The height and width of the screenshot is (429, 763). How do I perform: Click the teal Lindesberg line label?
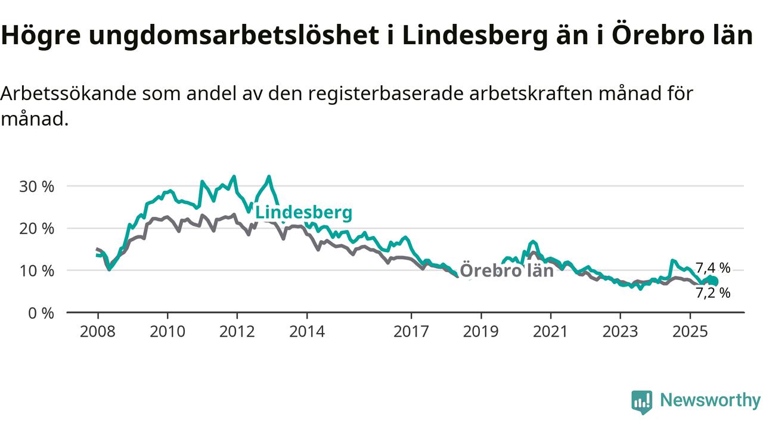303,213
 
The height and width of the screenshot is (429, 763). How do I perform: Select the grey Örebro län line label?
507,271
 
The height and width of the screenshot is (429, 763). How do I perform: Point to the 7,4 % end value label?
713,268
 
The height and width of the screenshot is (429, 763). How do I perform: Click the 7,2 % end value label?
713,293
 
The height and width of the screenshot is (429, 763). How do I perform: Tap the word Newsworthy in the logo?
710,400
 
